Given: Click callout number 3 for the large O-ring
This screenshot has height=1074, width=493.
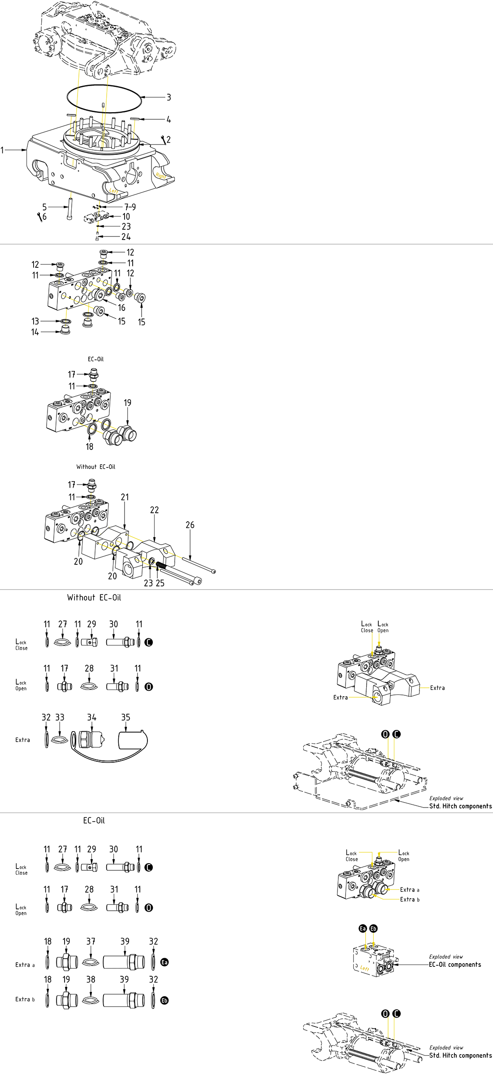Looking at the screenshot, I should point(169,97).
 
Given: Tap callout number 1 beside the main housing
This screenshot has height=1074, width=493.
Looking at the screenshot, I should point(2,150).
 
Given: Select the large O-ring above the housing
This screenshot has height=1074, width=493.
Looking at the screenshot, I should point(104,86).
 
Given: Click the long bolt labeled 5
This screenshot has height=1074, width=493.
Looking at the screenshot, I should point(70,209).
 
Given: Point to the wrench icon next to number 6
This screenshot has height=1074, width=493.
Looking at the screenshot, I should point(39,217).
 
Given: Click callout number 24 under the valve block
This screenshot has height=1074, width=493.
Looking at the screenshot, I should point(126,236).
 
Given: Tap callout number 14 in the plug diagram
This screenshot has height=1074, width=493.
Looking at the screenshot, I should point(35,332).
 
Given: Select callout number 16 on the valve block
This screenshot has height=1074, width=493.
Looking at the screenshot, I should point(121,308).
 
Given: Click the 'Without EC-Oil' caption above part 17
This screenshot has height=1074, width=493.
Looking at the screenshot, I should point(95,467).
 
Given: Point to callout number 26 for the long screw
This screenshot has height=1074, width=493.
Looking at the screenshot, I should point(190,524).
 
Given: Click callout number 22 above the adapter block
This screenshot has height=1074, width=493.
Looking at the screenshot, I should point(154,510).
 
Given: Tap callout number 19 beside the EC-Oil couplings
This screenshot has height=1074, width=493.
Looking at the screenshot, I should point(128,402).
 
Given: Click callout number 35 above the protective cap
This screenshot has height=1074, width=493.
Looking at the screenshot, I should point(126,717).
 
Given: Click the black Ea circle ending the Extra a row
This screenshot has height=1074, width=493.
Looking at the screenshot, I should point(164,962).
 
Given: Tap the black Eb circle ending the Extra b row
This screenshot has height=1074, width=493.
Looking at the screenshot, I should point(164,1000).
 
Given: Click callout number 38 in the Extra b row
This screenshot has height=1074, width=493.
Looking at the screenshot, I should point(91,979).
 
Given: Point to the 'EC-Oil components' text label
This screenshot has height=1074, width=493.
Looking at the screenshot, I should point(454,964).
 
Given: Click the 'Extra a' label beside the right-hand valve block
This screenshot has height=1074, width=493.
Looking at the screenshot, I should point(410,890).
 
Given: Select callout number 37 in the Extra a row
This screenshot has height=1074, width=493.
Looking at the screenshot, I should point(91,941).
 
